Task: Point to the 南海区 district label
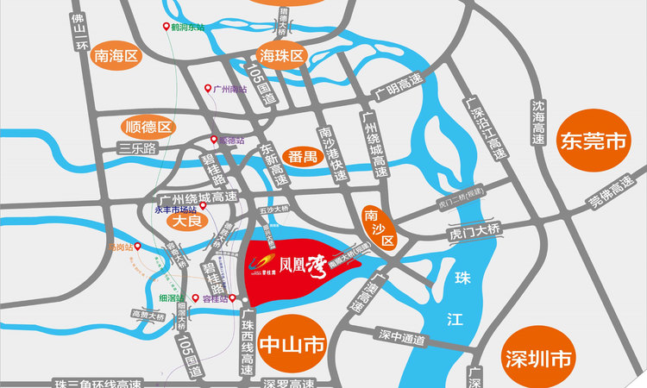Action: click(x=117, y=55)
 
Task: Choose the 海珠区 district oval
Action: click(x=285, y=56)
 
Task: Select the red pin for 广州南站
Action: click(x=207, y=88)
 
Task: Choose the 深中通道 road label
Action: click(x=402, y=335)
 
